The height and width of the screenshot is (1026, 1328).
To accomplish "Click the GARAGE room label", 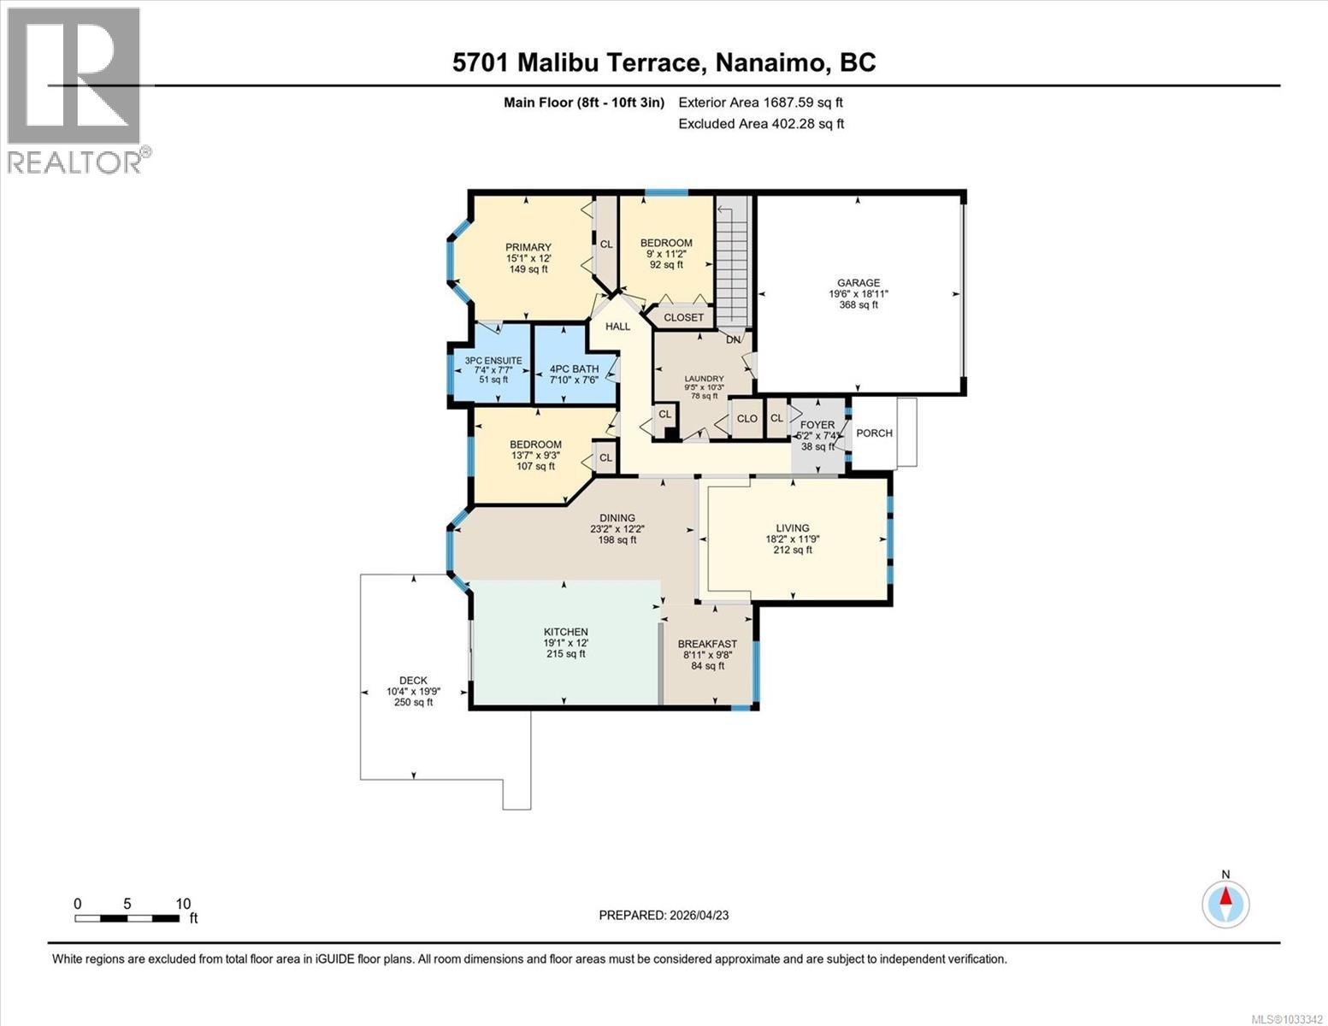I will (x=858, y=283).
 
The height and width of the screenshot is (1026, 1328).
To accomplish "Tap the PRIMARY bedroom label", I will (x=528, y=248).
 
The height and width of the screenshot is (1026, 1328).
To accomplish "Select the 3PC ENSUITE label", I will (x=493, y=361).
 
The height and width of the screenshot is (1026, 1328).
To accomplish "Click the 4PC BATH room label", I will (x=574, y=369).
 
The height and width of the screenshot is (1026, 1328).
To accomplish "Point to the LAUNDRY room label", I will (x=704, y=379).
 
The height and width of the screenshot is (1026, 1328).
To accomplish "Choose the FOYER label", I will (x=817, y=425).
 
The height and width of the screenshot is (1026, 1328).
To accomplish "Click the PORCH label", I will (x=874, y=433).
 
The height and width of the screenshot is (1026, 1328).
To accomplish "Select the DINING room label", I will (x=617, y=518).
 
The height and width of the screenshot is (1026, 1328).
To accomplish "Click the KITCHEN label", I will (x=565, y=632).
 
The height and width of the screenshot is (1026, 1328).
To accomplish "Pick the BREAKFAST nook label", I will (x=706, y=644).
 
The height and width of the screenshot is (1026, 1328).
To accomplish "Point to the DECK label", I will (x=413, y=681).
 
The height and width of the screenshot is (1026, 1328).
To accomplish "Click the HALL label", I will (x=617, y=327).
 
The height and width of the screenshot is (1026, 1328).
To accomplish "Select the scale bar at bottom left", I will (x=127, y=918).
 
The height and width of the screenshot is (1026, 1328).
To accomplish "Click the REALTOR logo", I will (x=75, y=90).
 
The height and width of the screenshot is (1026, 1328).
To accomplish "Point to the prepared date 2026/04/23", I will (x=664, y=915).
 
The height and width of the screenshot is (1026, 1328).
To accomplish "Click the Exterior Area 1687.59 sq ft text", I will (x=760, y=103).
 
